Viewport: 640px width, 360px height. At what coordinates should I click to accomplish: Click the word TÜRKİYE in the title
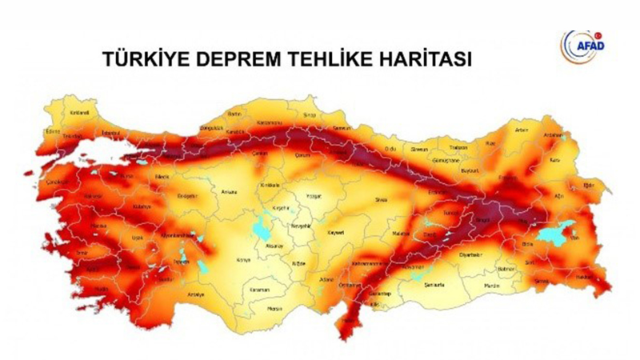tap(140, 61)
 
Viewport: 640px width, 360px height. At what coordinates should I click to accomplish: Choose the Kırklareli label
tap(78, 113)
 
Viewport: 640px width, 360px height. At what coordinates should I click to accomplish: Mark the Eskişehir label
tap(186, 194)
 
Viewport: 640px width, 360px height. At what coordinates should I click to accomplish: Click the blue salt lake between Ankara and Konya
tap(262, 231)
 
